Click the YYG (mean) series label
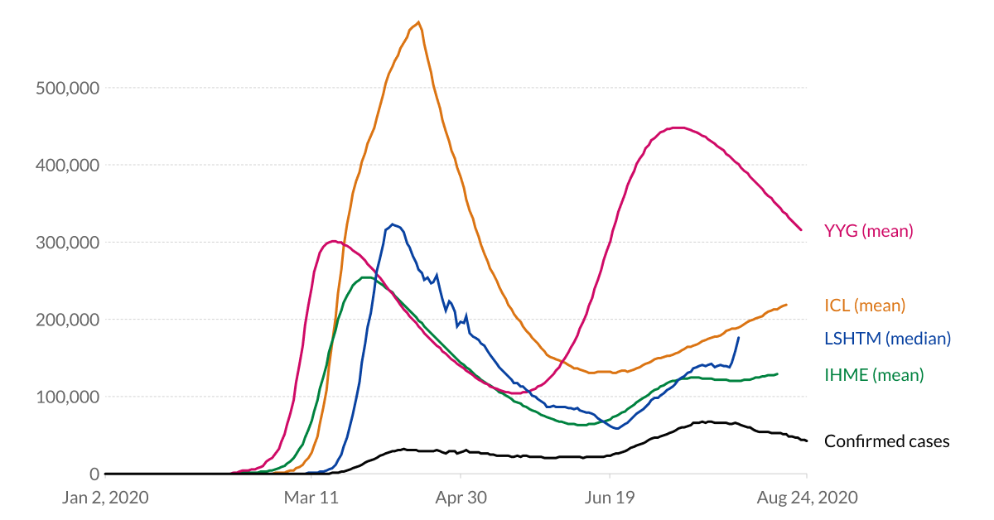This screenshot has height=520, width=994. [868, 231]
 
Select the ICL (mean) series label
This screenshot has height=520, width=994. [865, 306]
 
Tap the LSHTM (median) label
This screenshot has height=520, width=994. [887, 338]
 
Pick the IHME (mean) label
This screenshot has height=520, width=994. [873, 375]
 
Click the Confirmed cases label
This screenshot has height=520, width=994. [886, 441]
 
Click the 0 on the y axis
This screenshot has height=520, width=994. [94, 474]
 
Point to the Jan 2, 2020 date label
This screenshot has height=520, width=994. [105, 498]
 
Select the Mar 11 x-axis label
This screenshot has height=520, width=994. [311, 498]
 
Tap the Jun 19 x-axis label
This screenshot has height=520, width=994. [610, 498]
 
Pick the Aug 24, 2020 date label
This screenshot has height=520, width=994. [808, 498]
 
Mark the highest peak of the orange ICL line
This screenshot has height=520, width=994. [419, 22]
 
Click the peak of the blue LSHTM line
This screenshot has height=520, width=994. [392, 224]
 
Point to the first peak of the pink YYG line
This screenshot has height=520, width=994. [333, 241]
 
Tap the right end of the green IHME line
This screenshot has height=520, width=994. [777, 373]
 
